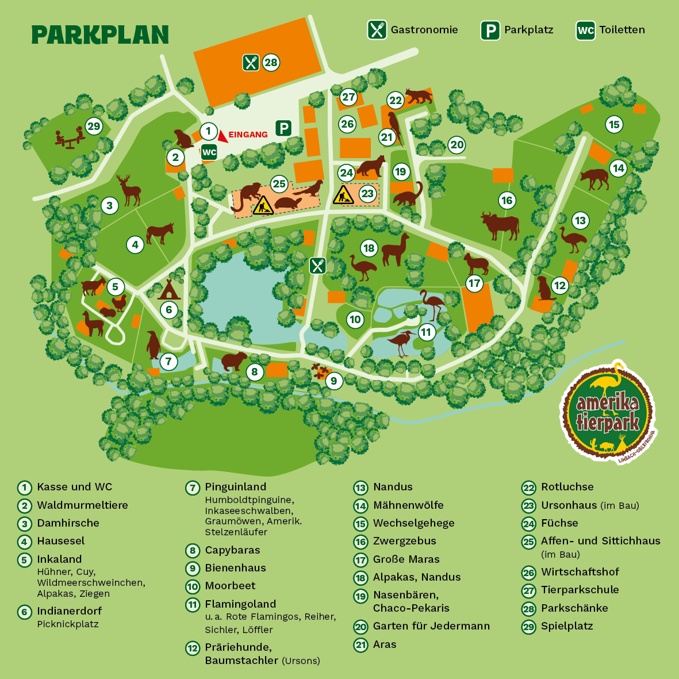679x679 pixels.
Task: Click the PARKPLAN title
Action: (x=100, y=34)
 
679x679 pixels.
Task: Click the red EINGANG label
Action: (x=248, y=135)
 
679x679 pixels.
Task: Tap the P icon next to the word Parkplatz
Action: (x=490, y=30)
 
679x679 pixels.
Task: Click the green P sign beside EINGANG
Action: (x=283, y=128)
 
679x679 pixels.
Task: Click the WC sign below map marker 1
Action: (x=209, y=152)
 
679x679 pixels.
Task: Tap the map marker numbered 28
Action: (x=271, y=63)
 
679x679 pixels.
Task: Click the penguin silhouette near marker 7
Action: (x=153, y=345)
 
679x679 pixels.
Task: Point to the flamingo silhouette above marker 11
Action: (x=431, y=305)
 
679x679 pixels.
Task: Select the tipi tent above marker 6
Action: (x=169, y=290)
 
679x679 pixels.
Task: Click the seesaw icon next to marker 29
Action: (x=70, y=139)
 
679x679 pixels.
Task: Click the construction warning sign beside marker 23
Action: (x=344, y=195)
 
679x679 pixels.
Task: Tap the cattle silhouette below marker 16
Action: (x=500, y=225)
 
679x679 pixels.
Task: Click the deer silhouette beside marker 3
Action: (x=129, y=190)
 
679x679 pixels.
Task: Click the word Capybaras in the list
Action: (x=232, y=550)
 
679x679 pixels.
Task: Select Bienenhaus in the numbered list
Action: (x=235, y=568)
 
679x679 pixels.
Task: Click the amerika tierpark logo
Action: (x=608, y=411)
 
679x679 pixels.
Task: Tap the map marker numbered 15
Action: (x=614, y=124)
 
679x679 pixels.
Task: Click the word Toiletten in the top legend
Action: (x=622, y=30)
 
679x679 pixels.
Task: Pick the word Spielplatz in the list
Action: (x=567, y=626)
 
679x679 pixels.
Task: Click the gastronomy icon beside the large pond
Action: (x=318, y=266)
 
